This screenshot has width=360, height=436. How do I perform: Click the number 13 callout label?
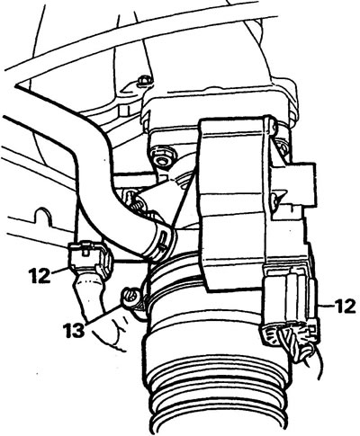point(74,331)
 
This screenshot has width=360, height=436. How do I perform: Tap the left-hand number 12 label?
point(40,276)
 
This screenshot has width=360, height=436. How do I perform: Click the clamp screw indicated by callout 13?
point(130,297)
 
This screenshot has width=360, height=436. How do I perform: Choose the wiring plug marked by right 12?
point(290,303)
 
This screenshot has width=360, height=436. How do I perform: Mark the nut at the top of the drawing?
point(142,81)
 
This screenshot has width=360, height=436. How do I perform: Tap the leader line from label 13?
point(104,315)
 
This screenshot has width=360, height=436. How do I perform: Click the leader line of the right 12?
point(327,306)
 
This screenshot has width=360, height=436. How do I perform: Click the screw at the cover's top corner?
point(271,125)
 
